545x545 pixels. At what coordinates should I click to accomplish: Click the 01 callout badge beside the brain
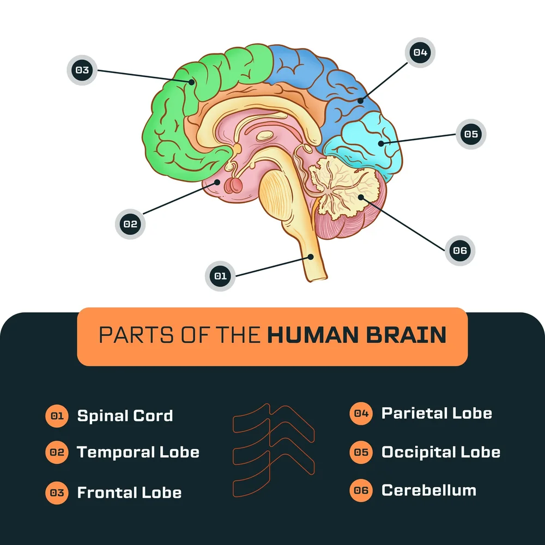pos(220,276)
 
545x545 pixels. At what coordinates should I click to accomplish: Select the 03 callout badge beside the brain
pos(82,70)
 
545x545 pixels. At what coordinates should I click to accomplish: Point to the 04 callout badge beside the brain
pos(420,53)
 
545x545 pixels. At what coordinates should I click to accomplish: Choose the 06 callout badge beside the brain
pos(460,251)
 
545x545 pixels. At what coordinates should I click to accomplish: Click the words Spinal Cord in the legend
pos(125,416)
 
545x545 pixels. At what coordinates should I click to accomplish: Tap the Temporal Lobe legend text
pos(138,452)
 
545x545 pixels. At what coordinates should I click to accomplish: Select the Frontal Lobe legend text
pos(129,493)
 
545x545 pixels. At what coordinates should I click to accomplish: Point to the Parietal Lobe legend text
pos(437,413)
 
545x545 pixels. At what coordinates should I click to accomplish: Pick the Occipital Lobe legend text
pos(440,452)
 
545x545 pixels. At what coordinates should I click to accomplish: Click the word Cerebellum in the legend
pos(428,490)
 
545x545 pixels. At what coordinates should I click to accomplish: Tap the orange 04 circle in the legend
pos(361,414)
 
